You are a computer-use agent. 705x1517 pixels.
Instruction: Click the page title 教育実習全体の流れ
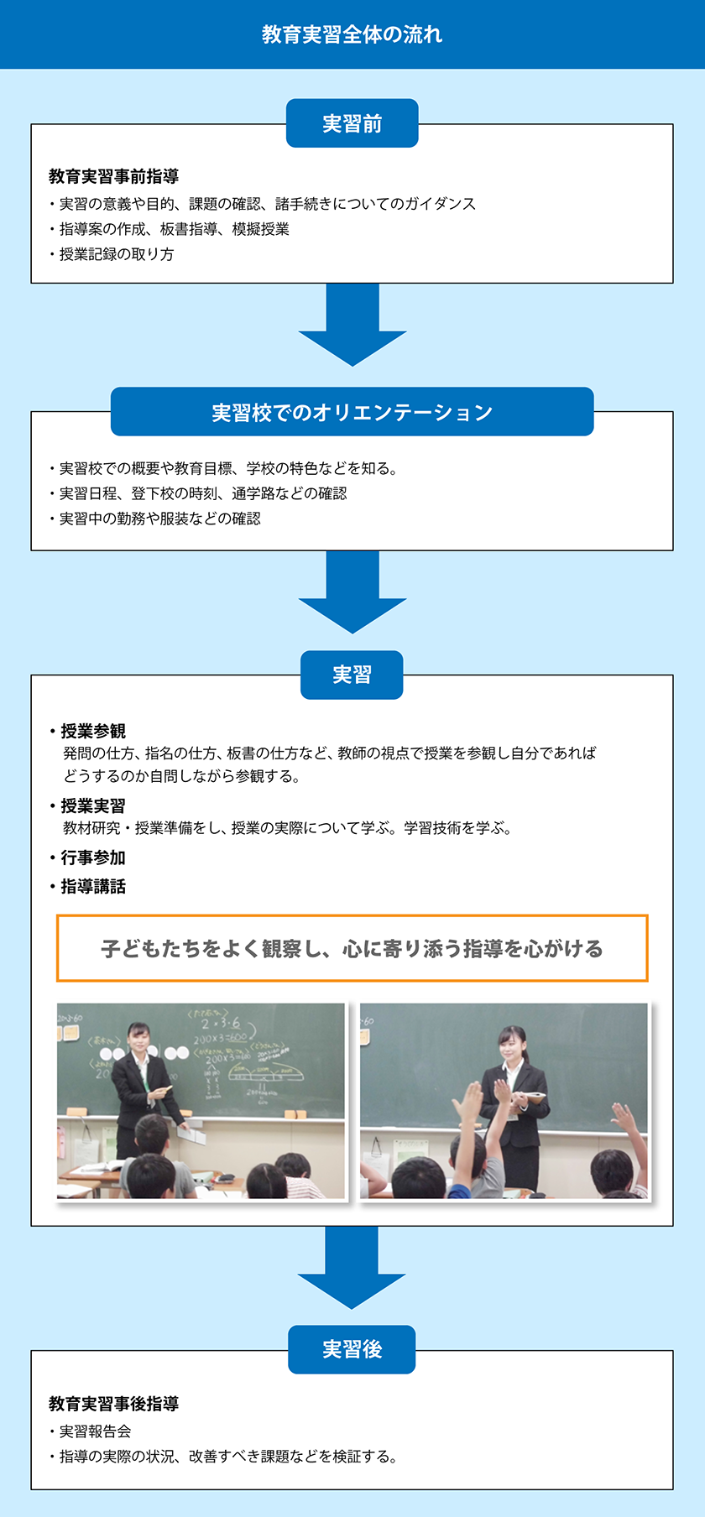[352, 34]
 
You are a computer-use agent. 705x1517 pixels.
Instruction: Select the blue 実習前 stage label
[352, 123]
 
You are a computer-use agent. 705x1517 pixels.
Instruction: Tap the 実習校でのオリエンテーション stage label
[352, 412]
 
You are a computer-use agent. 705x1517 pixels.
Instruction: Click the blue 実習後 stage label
[352, 1349]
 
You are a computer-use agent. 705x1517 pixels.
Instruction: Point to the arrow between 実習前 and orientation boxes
[352, 324]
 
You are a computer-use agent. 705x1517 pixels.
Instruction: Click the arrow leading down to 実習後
[352, 1268]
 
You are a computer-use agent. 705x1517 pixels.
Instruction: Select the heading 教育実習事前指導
[113, 176]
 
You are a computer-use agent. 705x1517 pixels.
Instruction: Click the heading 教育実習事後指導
[113, 1404]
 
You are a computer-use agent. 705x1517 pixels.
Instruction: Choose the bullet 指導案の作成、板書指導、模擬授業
[169, 229]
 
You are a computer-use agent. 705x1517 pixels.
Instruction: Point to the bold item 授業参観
[87, 731]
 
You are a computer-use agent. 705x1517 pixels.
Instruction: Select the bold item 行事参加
[87, 858]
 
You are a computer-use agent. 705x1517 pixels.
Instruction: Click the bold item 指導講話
[87, 886]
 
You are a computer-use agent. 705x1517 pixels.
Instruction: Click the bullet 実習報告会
[90, 1431]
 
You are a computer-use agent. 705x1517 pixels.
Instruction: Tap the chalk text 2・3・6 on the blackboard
[220, 1023]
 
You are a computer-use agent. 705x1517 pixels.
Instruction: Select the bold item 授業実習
[87, 805]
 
